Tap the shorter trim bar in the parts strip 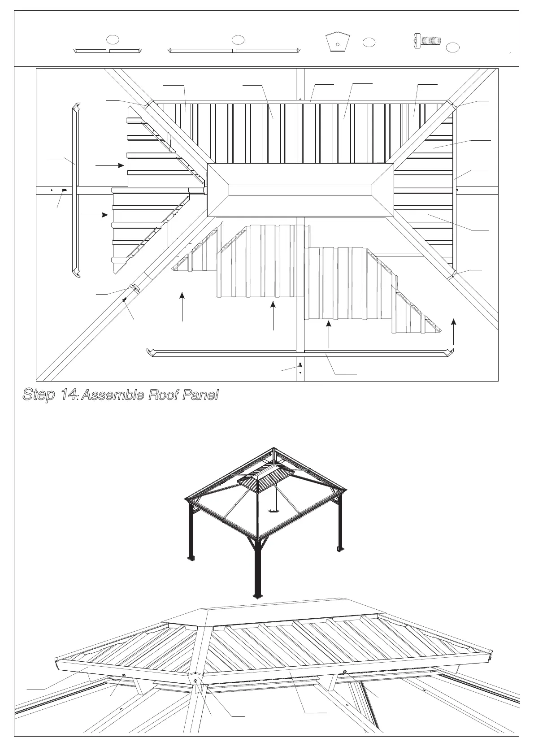(108, 51)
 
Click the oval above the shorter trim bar (114, 39)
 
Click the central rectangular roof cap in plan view (300, 190)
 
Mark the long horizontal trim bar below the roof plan (300, 353)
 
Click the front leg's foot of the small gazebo (257, 595)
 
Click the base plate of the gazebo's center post (274, 510)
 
